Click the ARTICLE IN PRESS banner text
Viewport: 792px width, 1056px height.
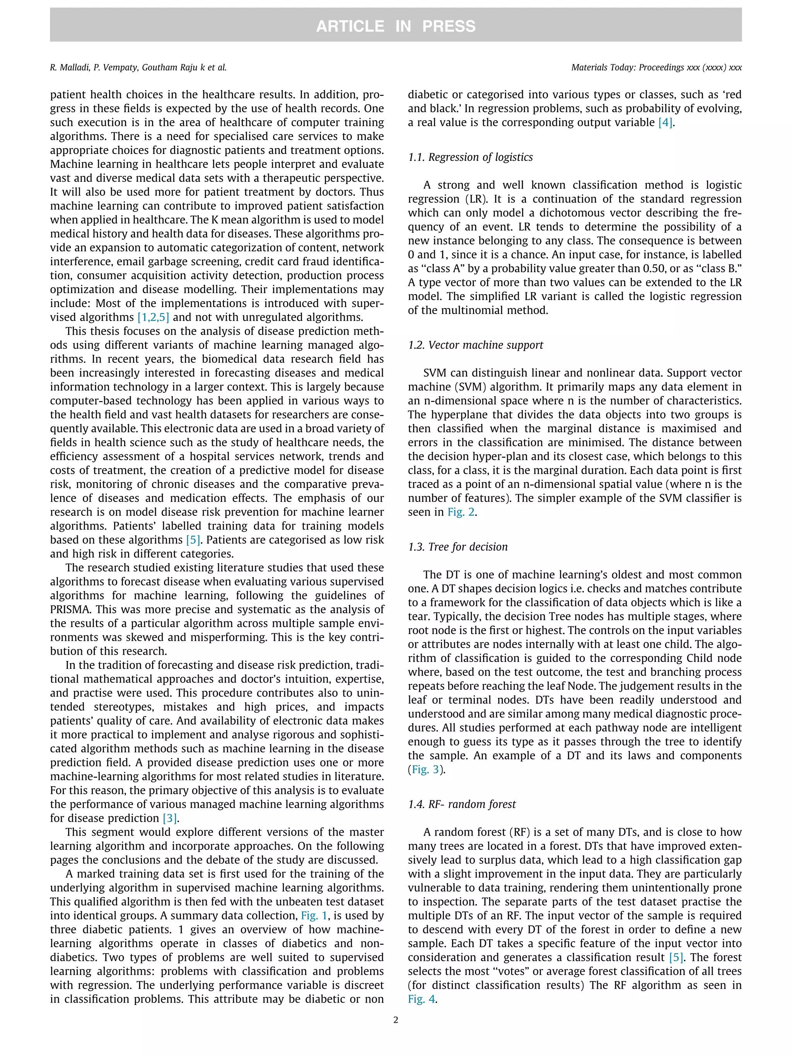(x=395, y=26)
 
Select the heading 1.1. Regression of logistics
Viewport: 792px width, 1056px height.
(x=470, y=157)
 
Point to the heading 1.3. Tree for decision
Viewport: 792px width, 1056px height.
(x=457, y=547)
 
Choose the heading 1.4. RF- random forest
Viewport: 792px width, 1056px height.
(x=462, y=804)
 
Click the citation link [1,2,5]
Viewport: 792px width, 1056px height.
(x=153, y=317)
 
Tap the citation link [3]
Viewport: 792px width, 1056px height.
(x=170, y=818)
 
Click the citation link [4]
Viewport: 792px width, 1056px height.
(x=666, y=123)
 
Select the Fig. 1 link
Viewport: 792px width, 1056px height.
(x=314, y=916)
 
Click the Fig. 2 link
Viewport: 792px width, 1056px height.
(x=461, y=512)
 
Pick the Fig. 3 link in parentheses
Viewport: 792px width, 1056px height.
(x=425, y=769)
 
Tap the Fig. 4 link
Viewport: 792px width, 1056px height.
(x=421, y=999)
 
